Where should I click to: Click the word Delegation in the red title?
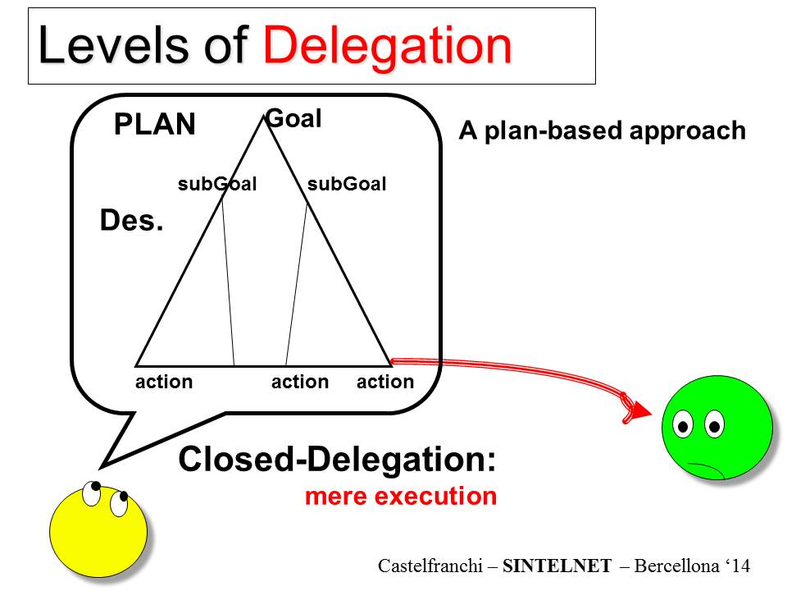387,46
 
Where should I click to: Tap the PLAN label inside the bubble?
155,125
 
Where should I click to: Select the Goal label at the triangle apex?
294,119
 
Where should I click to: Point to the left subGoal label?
217,184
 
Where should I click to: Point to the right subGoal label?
346,184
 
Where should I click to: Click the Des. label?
131,221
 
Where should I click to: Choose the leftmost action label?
164,382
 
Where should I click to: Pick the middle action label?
300,382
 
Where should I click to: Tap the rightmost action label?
385,382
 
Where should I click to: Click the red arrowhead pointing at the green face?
639,410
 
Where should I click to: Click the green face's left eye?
683,424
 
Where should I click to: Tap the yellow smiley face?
98,531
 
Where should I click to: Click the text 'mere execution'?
400,497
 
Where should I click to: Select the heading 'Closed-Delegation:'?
337,460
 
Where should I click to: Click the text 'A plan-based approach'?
602,131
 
